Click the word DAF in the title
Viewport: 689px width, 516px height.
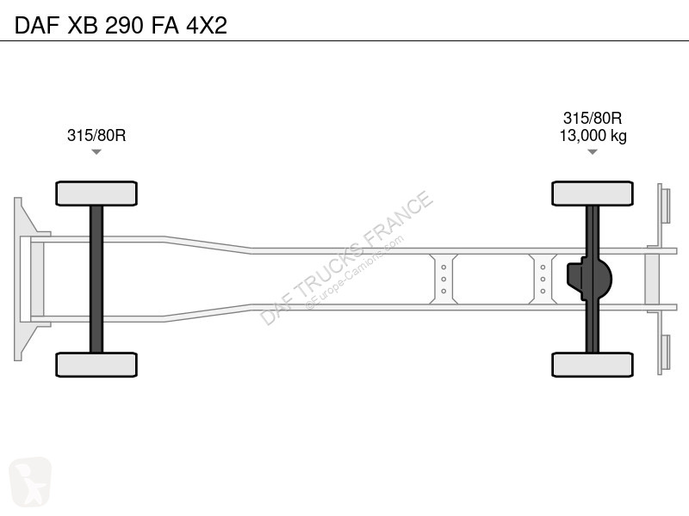tap(37, 25)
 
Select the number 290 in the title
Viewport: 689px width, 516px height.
tap(124, 25)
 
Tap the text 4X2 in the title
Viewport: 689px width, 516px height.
tap(207, 25)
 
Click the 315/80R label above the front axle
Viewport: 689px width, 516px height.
tap(96, 135)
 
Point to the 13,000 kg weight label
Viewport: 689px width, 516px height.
tap(593, 136)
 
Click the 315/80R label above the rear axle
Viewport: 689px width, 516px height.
tap(593, 118)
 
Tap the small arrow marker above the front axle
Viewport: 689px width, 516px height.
tap(96, 152)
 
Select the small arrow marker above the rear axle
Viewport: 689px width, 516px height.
tap(593, 152)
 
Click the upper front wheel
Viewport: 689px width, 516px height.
tap(96, 193)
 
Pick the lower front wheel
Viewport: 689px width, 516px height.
tap(96, 365)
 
